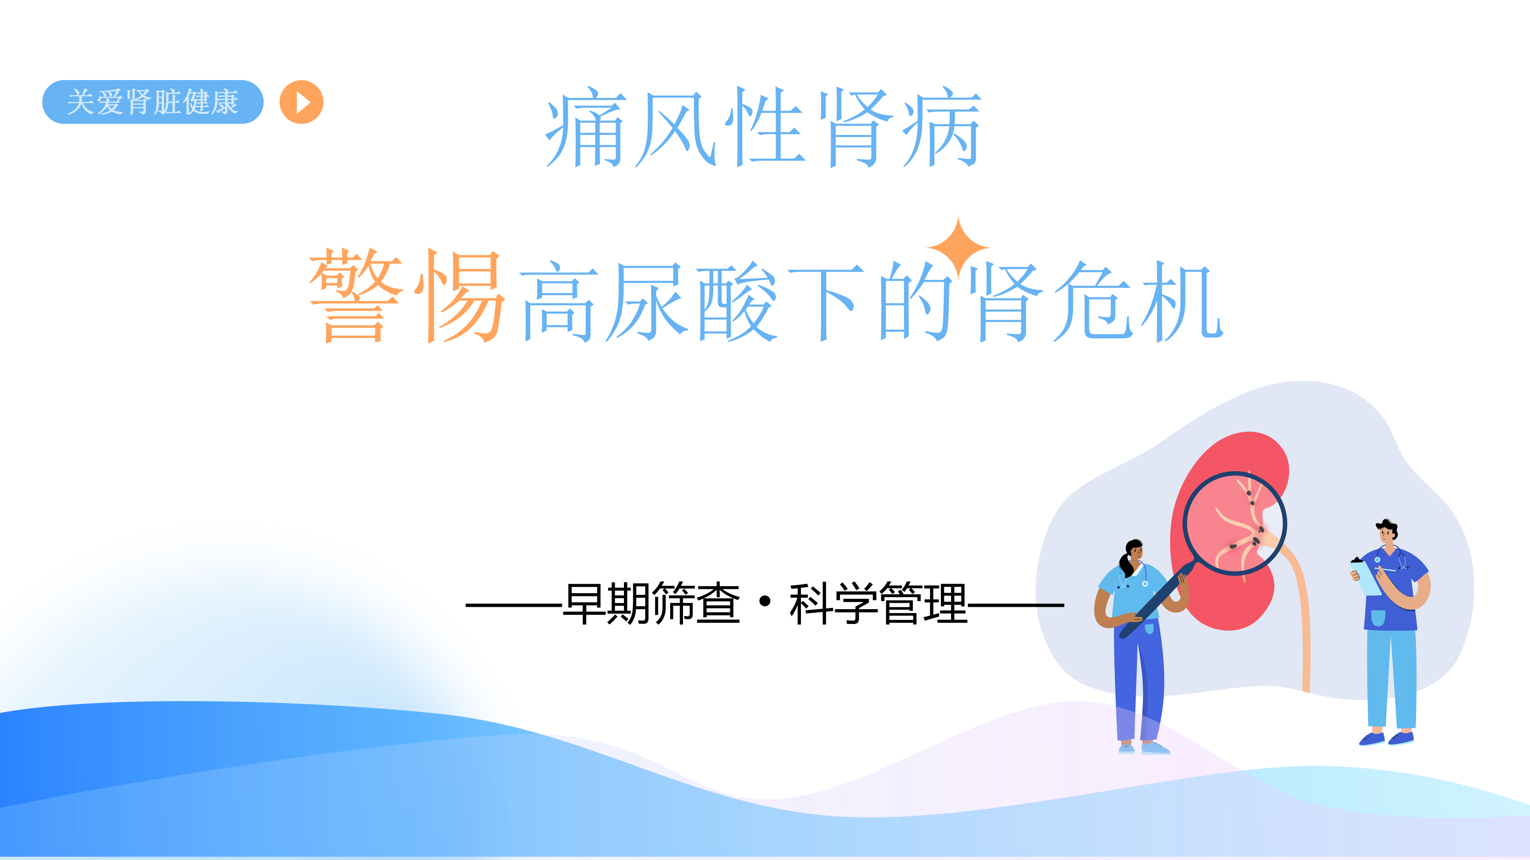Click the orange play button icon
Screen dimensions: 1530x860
[302, 102]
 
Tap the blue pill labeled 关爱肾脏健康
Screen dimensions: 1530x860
[153, 102]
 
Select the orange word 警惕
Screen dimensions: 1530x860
[407, 295]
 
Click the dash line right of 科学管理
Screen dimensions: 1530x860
[1016, 605]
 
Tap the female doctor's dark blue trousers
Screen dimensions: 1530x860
[1138, 682]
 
